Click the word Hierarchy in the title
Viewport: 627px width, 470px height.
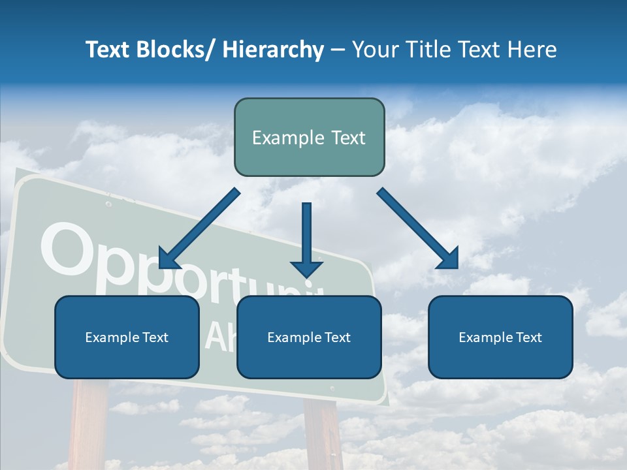273,50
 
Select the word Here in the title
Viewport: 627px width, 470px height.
531,50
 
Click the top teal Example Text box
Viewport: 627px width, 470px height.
309,137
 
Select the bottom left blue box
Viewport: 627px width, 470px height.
127,337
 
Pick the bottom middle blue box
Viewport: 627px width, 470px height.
309,337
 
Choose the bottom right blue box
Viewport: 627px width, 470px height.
500,337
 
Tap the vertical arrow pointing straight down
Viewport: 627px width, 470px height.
306,235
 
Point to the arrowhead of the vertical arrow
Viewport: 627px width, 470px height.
306,268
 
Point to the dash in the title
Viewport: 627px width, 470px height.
337,50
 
